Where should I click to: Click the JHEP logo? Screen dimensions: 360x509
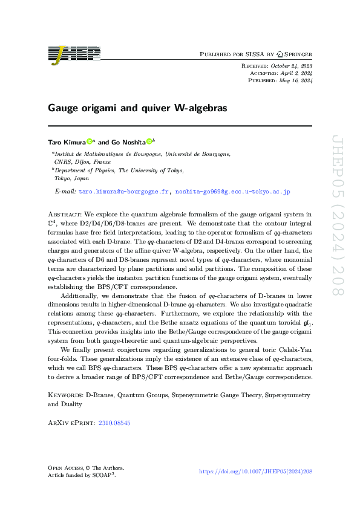pyautogui.click(x=75, y=54)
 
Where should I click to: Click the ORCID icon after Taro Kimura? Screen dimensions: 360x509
pyautogui.click(x=90, y=142)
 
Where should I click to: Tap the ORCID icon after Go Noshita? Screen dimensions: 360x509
pyautogui.click(x=149, y=142)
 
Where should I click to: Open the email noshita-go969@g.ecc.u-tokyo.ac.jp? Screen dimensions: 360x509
pyautogui.click(x=233, y=192)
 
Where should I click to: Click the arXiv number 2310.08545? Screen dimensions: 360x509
pyautogui.click(x=114, y=424)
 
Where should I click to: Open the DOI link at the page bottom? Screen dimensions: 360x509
pyautogui.click(x=255, y=471)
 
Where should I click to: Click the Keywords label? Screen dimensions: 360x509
pyautogui.click(x=65, y=395)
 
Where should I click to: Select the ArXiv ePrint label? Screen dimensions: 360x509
pyautogui.click(x=70, y=424)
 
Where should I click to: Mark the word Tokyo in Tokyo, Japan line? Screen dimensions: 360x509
pyautogui.click(x=63, y=178)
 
